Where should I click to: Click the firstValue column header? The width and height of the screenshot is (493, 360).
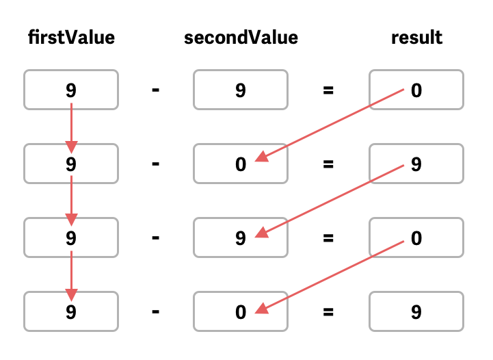click(x=71, y=38)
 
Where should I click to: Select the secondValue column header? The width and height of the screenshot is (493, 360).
click(x=241, y=38)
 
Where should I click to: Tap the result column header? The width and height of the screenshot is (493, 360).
click(x=416, y=38)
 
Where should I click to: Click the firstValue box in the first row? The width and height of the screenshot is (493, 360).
click(x=71, y=90)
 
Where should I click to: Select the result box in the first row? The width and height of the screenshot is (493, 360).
click(x=416, y=90)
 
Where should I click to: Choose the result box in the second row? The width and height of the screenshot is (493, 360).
click(x=416, y=164)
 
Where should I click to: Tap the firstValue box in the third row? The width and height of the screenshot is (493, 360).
click(x=71, y=238)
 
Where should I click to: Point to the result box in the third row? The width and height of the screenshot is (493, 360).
click(x=416, y=238)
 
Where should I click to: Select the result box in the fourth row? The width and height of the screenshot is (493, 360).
click(x=416, y=312)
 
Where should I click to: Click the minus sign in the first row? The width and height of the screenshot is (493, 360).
click(x=156, y=90)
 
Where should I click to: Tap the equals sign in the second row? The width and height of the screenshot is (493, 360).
click(x=328, y=164)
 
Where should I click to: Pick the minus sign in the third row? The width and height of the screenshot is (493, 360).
click(x=156, y=238)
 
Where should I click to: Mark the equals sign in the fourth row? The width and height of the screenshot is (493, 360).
click(x=328, y=312)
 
